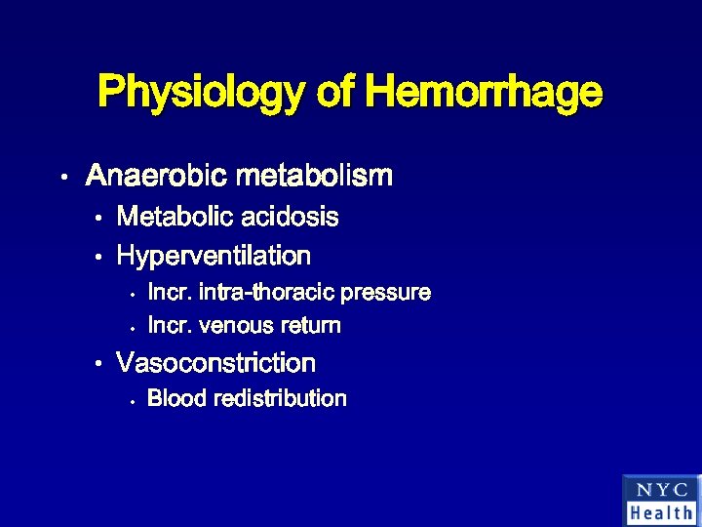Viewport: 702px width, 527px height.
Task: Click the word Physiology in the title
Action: click(202, 94)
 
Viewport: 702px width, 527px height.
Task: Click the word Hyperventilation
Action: click(213, 257)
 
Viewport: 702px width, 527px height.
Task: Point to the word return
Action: click(309, 325)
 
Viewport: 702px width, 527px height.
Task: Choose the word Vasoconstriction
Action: click(215, 363)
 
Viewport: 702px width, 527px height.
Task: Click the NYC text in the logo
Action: click(661, 490)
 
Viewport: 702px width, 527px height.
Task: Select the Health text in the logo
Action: click(661, 512)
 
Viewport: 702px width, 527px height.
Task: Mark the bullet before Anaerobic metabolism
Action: click(61, 178)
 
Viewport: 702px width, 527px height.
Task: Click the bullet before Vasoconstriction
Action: click(98, 365)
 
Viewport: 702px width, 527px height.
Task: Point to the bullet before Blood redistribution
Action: click(130, 399)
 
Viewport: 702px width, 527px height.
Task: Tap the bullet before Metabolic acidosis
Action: click(98, 218)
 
